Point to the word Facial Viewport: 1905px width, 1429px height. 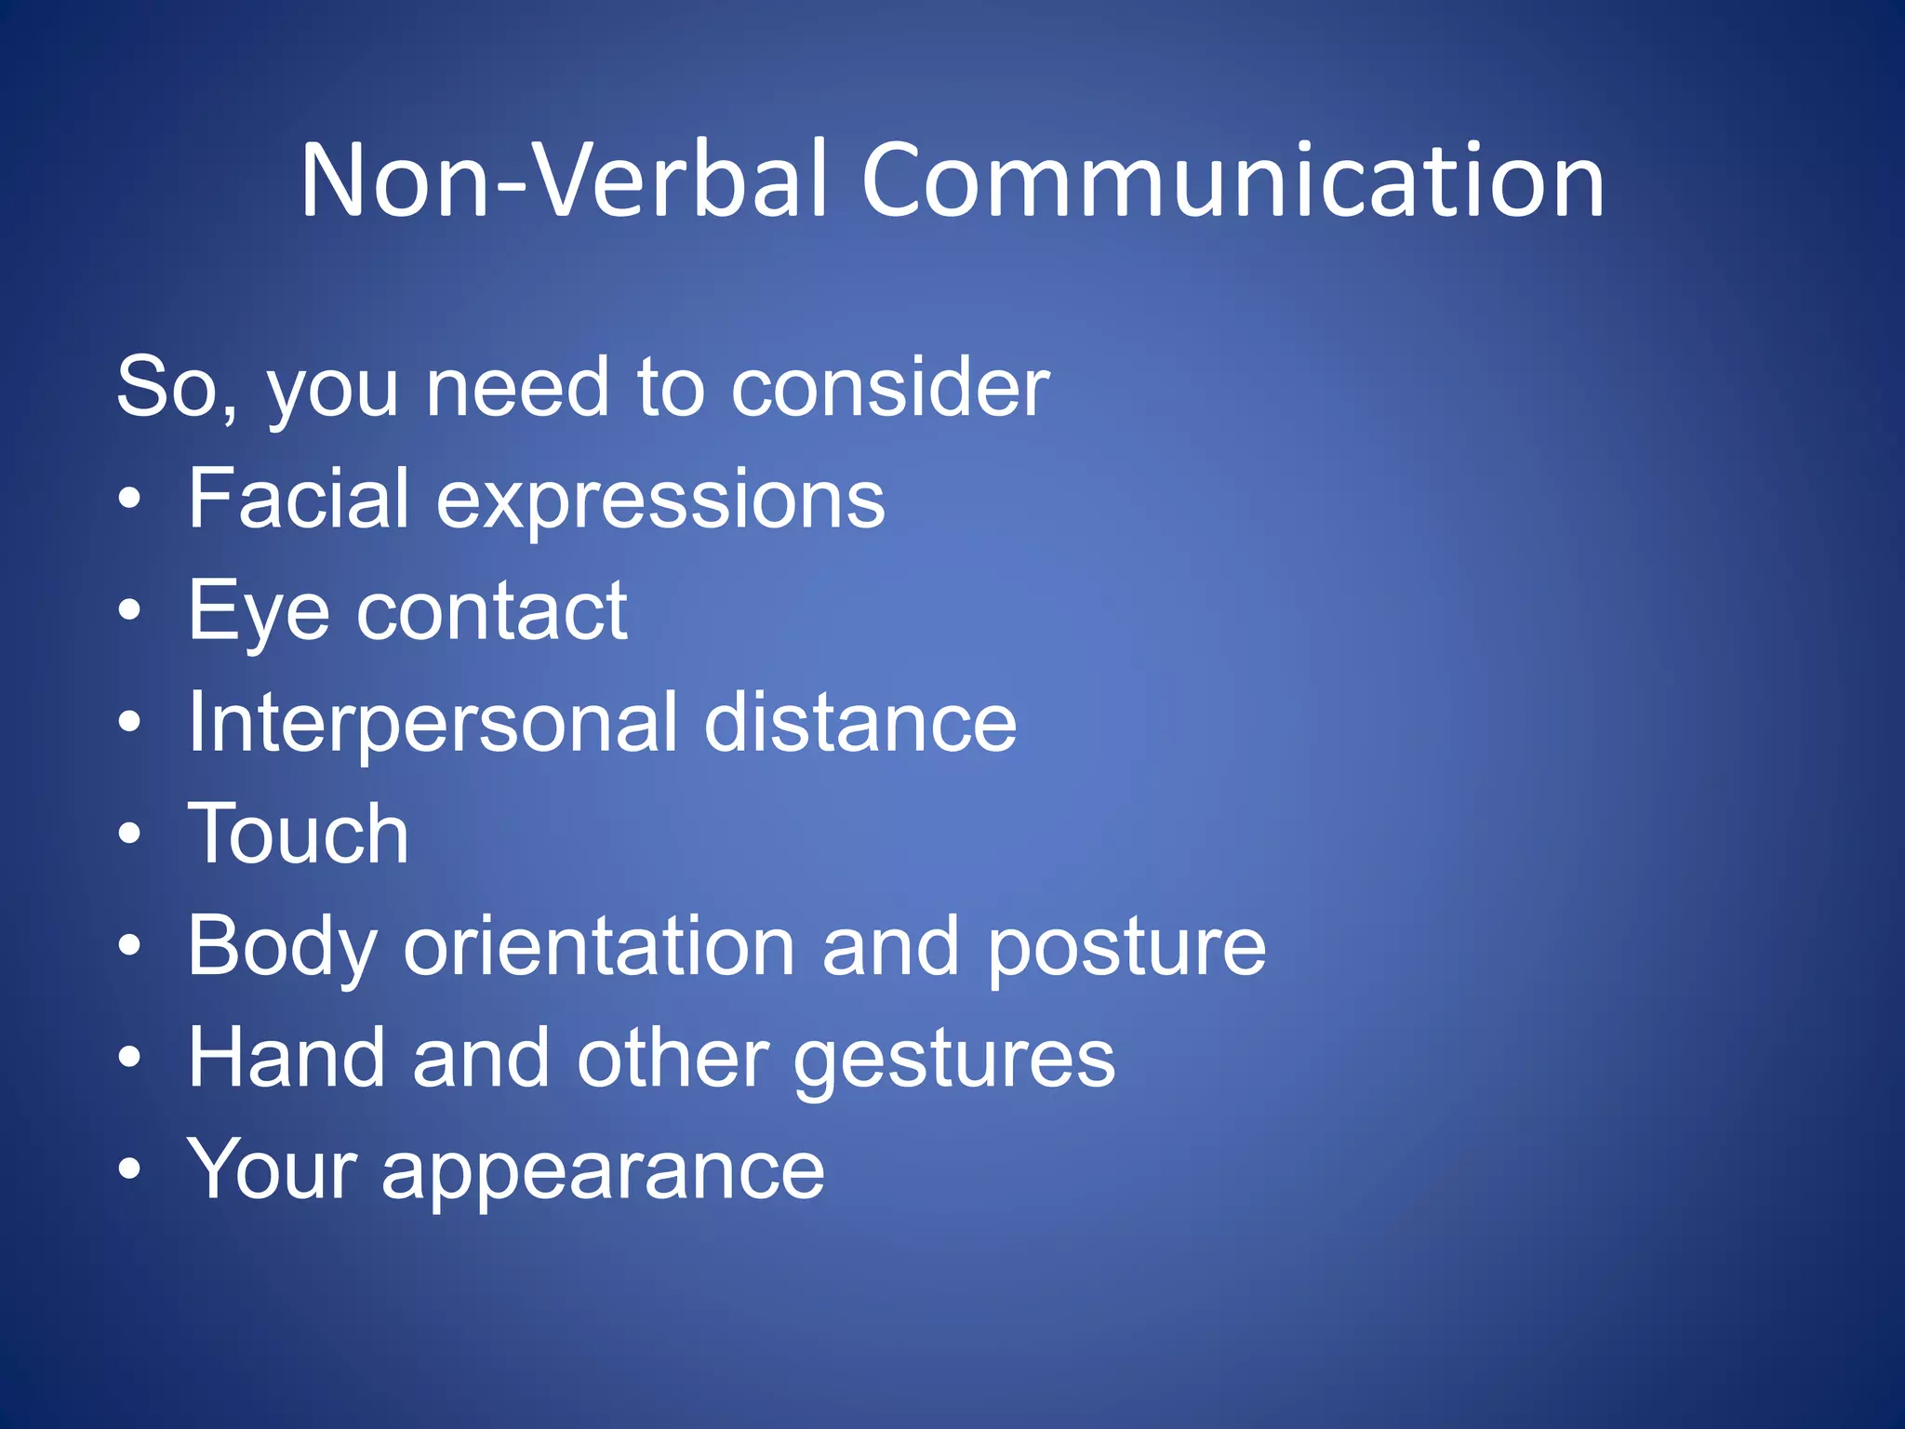(299, 500)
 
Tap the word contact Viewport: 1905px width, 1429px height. (492, 612)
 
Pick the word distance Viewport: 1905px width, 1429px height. (859, 724)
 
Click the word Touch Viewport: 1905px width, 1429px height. (299, 835)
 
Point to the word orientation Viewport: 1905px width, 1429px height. (600, 947)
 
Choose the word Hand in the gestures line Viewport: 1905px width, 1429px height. (286, 1058)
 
